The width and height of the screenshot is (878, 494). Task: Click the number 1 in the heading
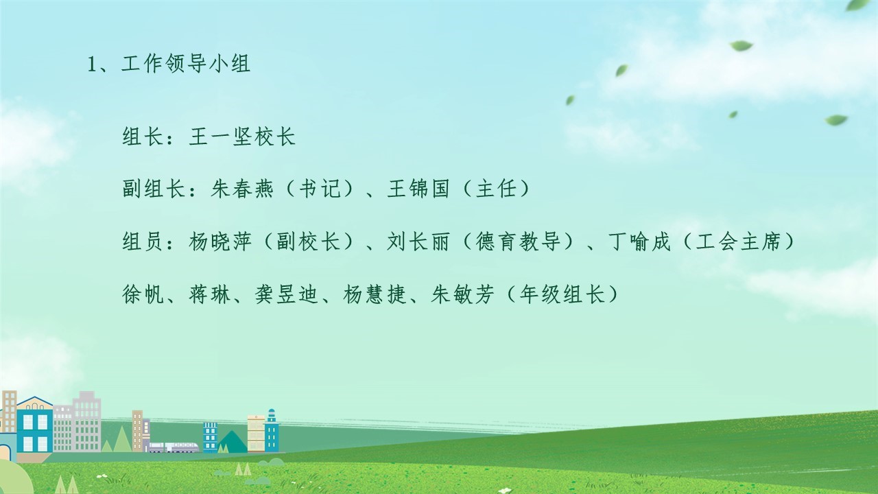(93, 64)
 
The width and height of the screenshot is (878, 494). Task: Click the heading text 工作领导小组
(186, 64)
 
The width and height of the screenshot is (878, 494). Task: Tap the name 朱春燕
(242, 189)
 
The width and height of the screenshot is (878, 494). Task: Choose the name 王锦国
(418, 189)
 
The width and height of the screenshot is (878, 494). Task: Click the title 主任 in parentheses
(497, 189)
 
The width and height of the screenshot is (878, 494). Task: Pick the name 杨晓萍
(220, 242)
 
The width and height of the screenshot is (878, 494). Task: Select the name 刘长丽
(418, 242)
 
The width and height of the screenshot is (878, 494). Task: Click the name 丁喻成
(639, 242)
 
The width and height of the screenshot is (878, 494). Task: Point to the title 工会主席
(739, 242)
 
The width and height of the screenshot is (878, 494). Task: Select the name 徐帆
(143, 294)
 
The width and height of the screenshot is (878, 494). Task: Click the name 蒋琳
(209, 294)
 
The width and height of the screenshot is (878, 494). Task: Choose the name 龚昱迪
(286, 294)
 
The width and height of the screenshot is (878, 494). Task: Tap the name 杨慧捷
(375, 294)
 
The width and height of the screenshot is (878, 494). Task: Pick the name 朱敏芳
(462, 294)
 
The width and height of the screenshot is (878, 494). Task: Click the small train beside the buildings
(174, 447)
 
